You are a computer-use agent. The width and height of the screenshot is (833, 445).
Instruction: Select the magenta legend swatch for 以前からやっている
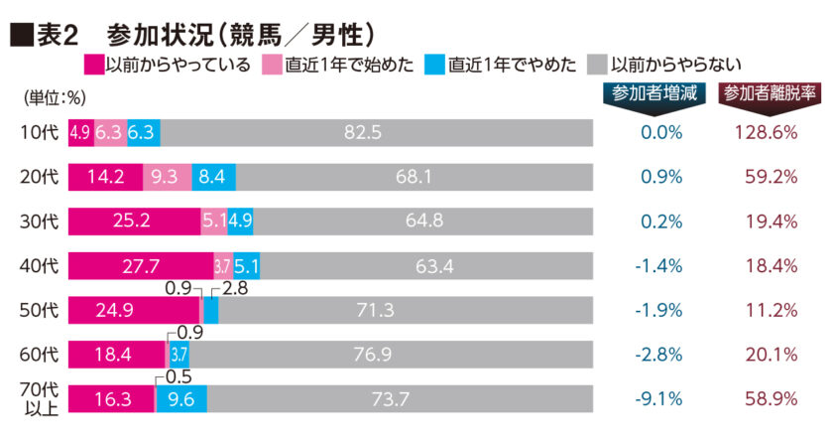coord(94,67)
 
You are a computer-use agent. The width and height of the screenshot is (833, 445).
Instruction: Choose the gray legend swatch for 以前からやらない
coord(598,67)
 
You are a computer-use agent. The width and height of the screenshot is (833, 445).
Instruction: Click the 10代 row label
coord(40,133)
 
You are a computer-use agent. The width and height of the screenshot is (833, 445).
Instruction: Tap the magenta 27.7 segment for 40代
coord(140,266)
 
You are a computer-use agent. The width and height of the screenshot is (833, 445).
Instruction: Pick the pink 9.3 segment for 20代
coord(167,178)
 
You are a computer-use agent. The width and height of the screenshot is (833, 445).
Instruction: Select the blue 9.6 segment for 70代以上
coord(181,399)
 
